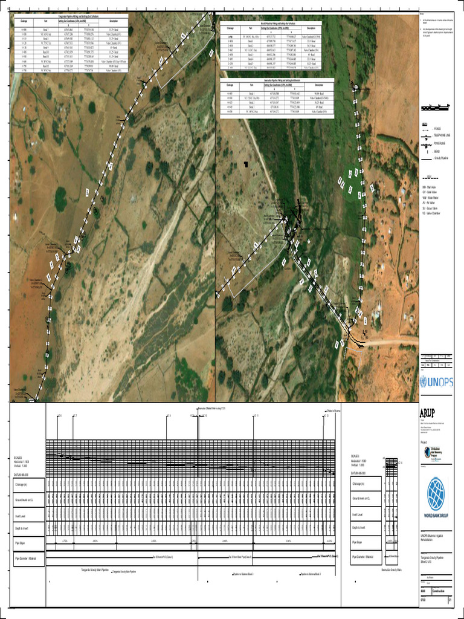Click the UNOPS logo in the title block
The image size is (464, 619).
tap(436, 382)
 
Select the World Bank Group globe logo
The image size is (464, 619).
tap(435, 492)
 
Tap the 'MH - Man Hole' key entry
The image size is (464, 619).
tap(433, 188)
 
